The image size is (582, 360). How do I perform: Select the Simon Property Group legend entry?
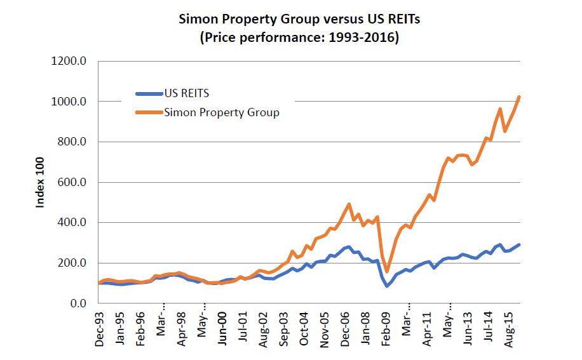pyautogui.click(x=221, y=113)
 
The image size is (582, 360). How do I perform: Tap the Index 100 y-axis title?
pyautogui.click(x=39, y=183)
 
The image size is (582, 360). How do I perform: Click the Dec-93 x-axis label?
pyautogui.click(x=100, y=329)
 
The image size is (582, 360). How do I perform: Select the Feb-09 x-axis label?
pyautogui.click(x=385, y=329)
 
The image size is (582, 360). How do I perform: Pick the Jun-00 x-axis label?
pyautogui.click(x=222, y=329)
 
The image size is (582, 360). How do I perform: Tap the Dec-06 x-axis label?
pyautogui.click(x=344, y=329)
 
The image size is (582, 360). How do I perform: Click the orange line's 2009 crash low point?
pyautogui.click(x=387, y=271)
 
